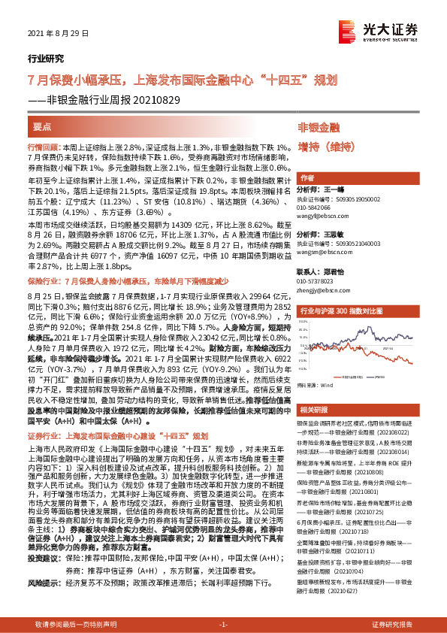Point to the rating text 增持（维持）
328,146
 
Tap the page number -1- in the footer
222,625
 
